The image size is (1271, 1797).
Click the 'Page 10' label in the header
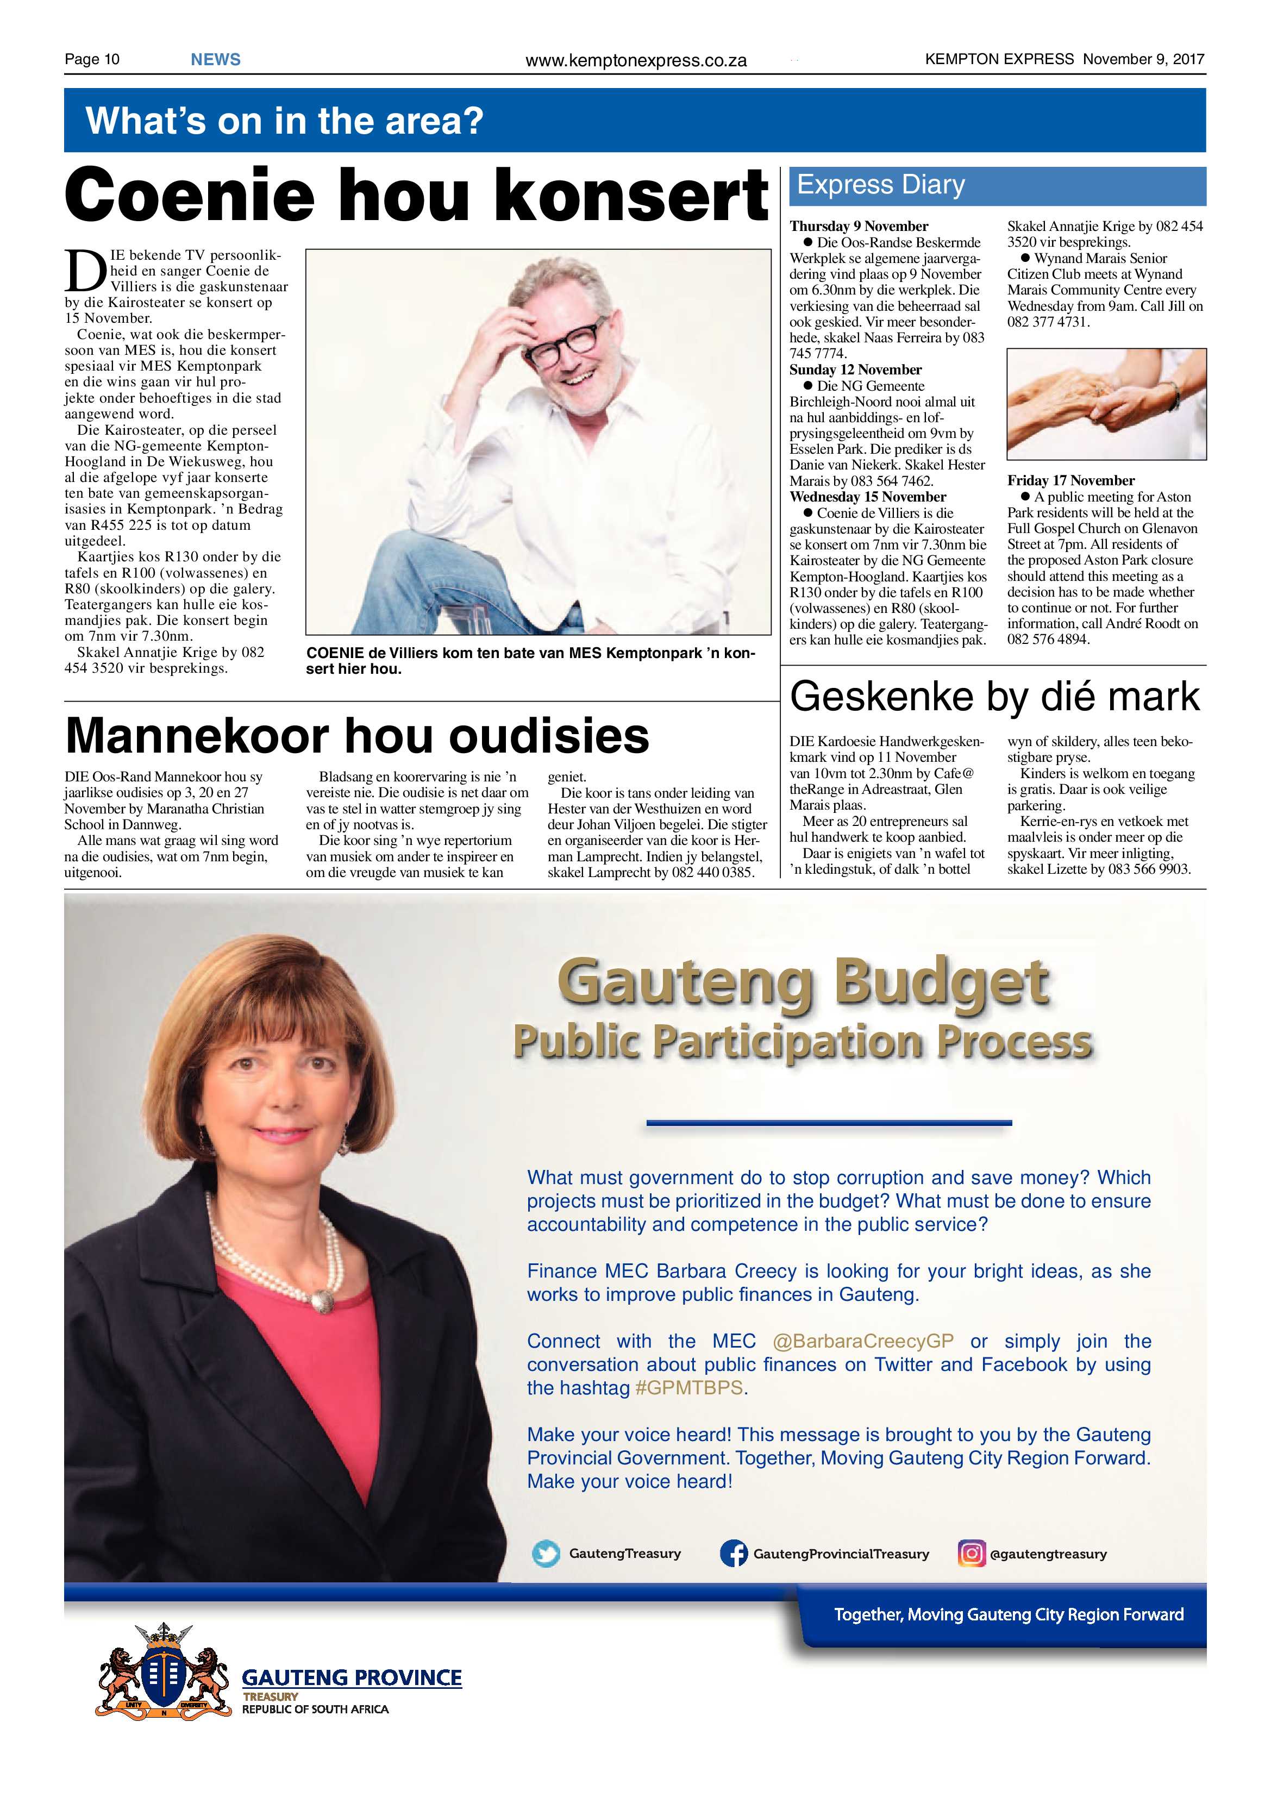coord(92,59)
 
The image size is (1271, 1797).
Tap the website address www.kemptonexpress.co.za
coord(636,60)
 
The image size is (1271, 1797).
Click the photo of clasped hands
coord(1106,404)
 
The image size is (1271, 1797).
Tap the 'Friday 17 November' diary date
coord(1070,480)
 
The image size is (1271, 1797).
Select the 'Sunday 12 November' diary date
coord(855,370)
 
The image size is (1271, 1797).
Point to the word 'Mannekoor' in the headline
coord(197,736)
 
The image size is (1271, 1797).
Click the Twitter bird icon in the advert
coord(546,1554)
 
